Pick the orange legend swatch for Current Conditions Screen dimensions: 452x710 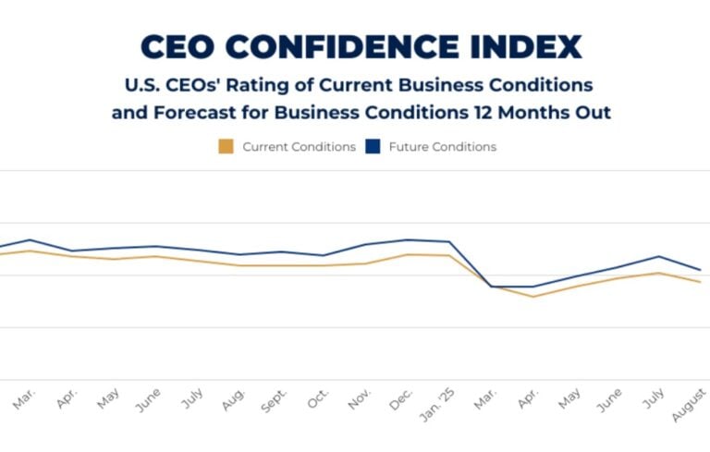click(x=226, y=146)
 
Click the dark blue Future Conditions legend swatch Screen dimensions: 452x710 click(x=373, y=146)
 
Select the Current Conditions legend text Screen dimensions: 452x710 click(x=299, y=146)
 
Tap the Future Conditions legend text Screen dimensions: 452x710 click(x=442, y=146)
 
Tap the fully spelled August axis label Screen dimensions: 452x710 click(x=690, y=404)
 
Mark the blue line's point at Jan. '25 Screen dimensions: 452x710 click(x=449, y=242)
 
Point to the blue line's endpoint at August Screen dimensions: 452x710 click(x=702, y=270)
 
